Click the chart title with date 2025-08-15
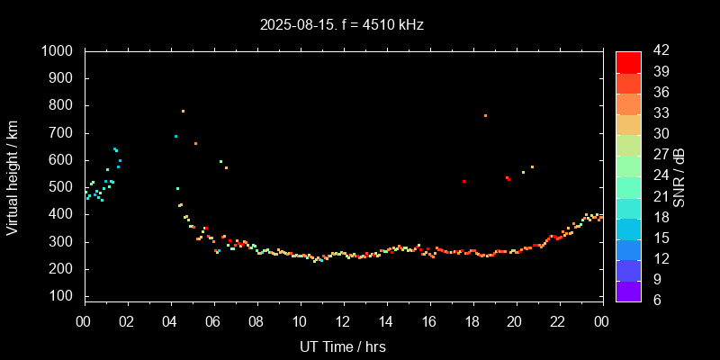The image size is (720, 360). click(342, 25)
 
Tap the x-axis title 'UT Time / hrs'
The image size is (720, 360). click(342, 346)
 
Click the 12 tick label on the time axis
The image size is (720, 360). click(342, 321)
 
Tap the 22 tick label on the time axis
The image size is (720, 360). click(558, 321)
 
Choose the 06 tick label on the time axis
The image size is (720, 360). click(213, 321)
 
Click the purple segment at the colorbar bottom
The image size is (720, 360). click(628, 290)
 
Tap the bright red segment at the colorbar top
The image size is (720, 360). click(628, 61)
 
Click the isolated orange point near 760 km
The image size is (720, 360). click(485, 115)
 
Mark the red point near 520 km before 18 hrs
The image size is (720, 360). click(464, 181)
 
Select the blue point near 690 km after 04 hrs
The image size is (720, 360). click(175, 136)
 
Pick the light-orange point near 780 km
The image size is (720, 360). click(183, 111)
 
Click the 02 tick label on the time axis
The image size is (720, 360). click(127, 321)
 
